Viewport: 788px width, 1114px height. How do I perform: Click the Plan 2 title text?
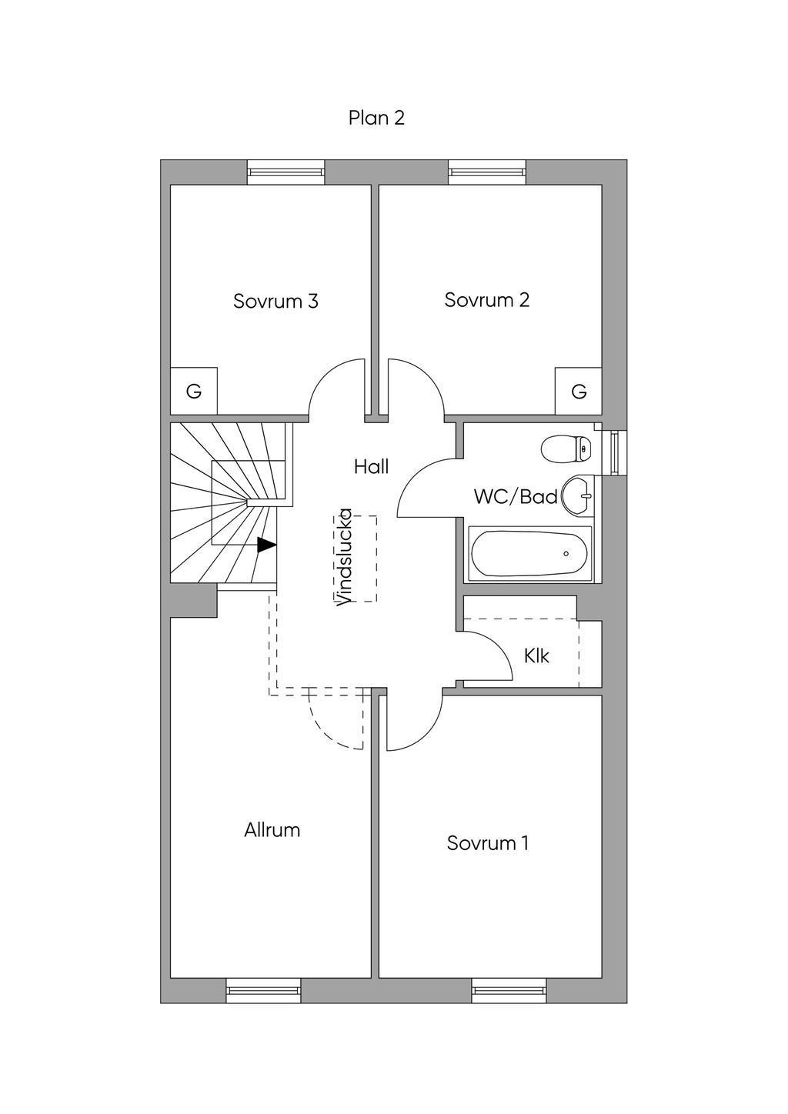pyautogui.click(x=376, y=118)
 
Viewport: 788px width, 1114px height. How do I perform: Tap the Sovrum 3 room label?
pyautogui.click(x=275, y=302)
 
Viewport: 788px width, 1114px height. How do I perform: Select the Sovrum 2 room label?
pyautogui.click(x=486, y=300)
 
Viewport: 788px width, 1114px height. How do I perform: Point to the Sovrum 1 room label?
pyautogui.click(x=487, y=843)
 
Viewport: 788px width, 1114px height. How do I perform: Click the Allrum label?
pyautogui.click(x=272, y=830)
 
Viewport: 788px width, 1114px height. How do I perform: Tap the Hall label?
pyautogui.click(x=371, y=466)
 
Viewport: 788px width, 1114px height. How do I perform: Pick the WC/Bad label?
pyautogui.click(x=516, y=496)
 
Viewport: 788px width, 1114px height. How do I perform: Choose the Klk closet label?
pyautogui.click(x=536, y=656)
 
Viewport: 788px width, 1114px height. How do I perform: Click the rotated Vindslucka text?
pyautogui.click(x=344, y=558)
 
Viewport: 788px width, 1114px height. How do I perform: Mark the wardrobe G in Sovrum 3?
pyautogui.click(x=194, y=392)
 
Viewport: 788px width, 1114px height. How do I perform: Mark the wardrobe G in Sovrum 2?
pyautogui.click(x=579, y=392)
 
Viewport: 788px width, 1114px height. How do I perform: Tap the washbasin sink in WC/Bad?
pyautogui.click(x=577, y=495)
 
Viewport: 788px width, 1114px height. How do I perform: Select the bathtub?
pyautogui.click(x=530, y=554)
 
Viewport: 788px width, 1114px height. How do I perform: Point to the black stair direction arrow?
pyautogui.click(x=267, y=545)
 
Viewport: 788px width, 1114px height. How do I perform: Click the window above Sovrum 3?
pyautogui.click(x=286, y=172)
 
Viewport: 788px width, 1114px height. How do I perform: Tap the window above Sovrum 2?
pyautogui.click(x=487, y=172)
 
